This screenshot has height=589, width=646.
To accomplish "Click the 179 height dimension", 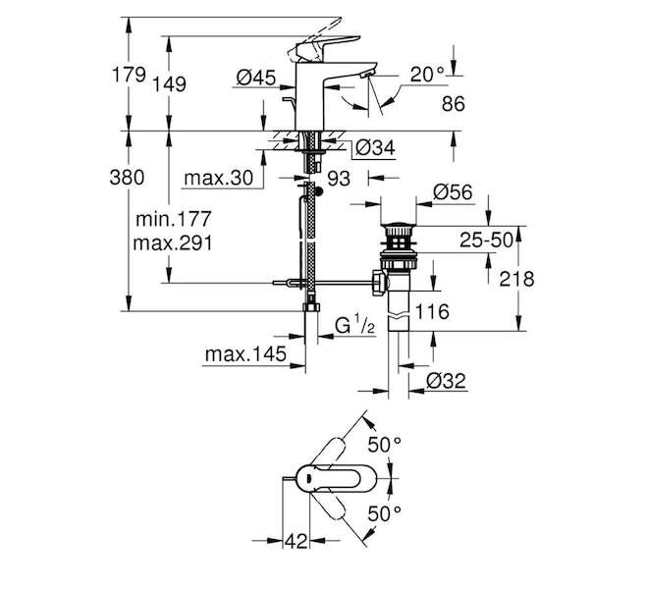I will click(130, 76).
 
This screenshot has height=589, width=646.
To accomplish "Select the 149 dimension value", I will click(170, 83).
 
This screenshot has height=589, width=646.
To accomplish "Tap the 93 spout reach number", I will click(339, 178).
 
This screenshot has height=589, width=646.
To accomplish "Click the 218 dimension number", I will click(513, 280).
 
